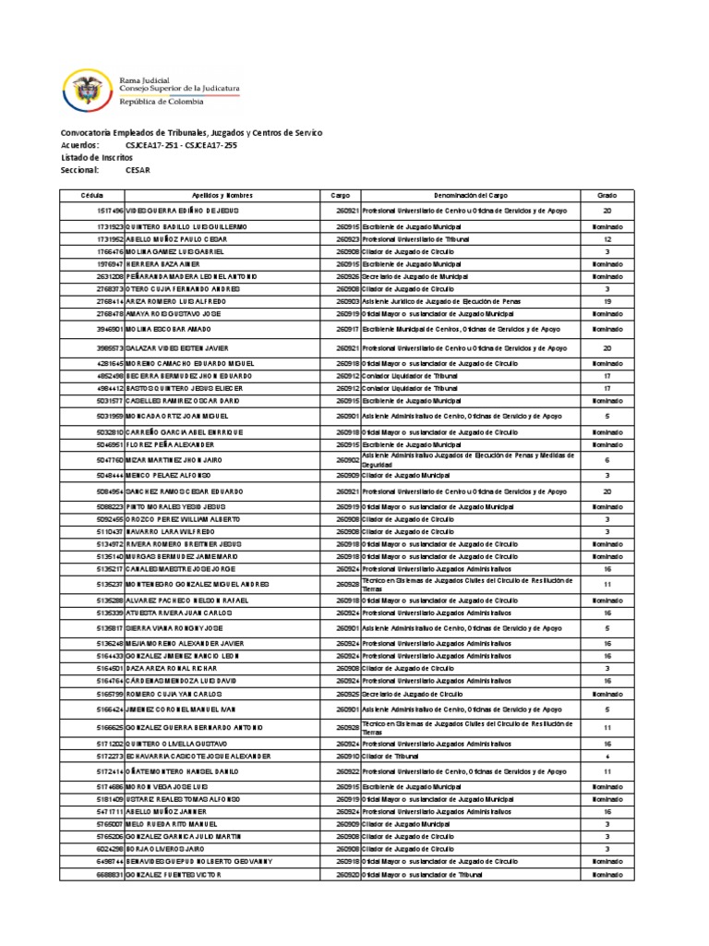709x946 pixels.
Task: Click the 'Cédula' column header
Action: (x=91, y=196)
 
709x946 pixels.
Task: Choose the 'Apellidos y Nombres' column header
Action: (x=222, y=196)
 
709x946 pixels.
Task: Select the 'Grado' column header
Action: (x=607, y=196)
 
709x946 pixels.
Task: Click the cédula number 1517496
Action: (x=106, y=211)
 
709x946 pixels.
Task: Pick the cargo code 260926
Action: (x=347, y=276)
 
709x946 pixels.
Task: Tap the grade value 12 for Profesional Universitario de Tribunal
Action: (x=607, y=238)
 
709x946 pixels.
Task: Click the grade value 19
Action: (x=607, y=301)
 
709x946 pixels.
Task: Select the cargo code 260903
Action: (x=347, y=301)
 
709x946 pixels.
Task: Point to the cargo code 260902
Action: (x=347, y=459)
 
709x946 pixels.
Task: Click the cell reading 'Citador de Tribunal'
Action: (x=392, y=755)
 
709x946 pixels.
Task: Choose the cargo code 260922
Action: (x=347, y=770)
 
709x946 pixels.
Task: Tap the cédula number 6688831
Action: (x=106, y=873)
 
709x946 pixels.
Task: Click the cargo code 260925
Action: (x=347, y=692)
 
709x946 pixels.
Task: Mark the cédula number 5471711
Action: (x=106, y=810)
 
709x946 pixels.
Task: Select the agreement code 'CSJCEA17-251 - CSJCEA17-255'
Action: (x=180, y=146)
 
